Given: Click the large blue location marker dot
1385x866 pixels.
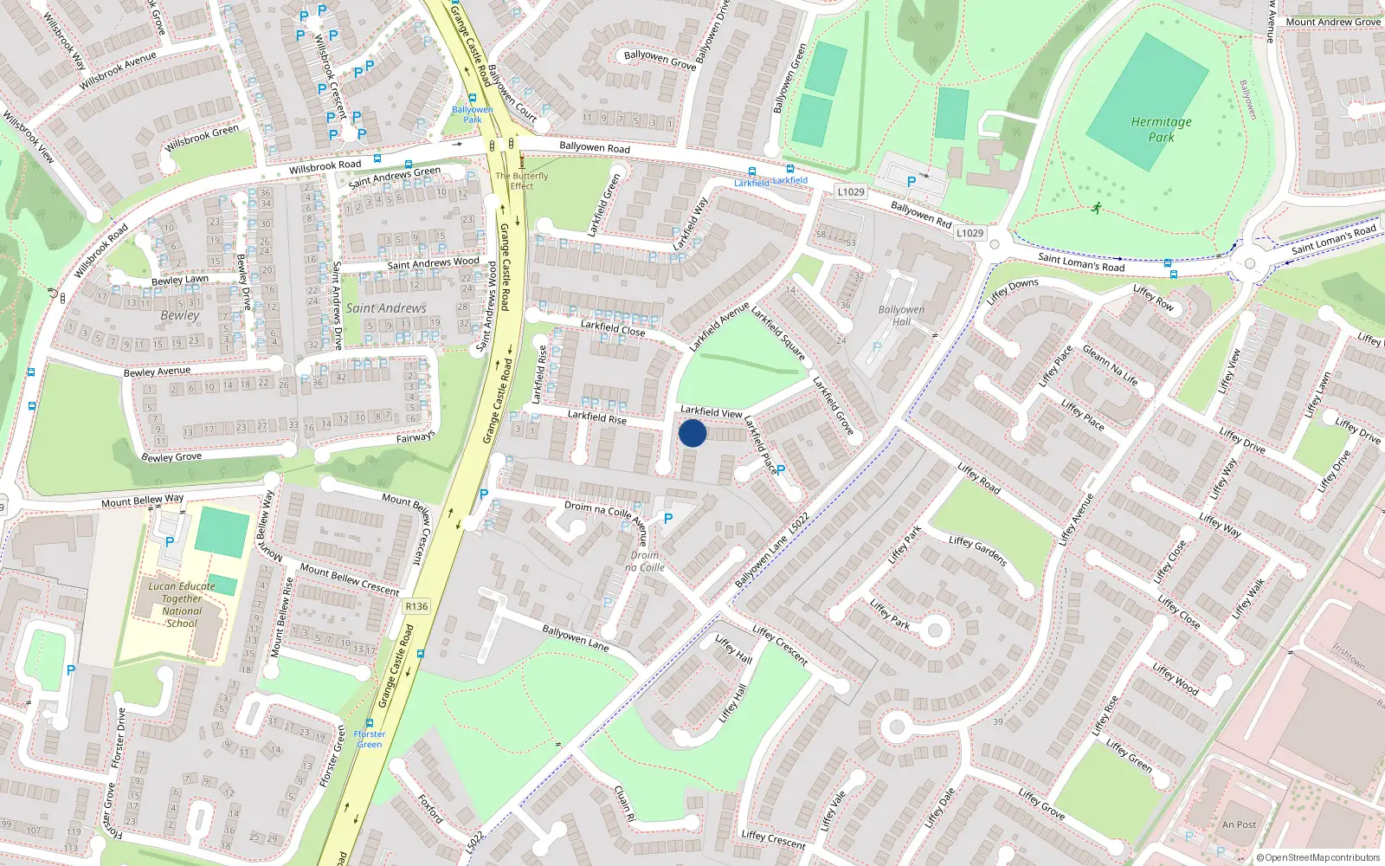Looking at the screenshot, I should (x=692, y=433).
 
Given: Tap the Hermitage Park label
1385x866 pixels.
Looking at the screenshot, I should (x=1161, y=130).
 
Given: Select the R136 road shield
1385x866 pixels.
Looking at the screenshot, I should (x=416, y=606).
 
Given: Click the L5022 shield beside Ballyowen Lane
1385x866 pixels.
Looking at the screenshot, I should (x=798, y=523).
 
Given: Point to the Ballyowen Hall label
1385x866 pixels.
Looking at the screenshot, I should (x=901, y=315).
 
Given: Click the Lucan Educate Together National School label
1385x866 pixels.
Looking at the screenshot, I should (x=182, y=604).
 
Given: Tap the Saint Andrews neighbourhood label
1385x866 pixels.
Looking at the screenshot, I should (x=386, y=308).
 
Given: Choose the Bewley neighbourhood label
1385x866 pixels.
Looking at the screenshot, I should (x=179, y=315).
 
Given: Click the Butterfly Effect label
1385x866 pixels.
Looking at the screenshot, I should (x=522, y=180).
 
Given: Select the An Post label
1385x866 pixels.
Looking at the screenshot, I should (x=1239, y=824).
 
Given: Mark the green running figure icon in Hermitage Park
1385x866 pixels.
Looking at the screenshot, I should (x=1097, y=208).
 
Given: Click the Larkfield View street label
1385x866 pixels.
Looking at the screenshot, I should (x=711, y=411).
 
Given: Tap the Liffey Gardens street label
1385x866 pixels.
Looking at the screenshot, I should (x=977, y=551).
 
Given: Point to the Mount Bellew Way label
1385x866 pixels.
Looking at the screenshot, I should (x=142, y=501).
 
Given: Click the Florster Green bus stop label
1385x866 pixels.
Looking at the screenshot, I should (x=370, y=739).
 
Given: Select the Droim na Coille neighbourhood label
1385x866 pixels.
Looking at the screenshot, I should (x=645, y=561).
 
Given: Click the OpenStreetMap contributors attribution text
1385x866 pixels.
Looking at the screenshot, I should (x=1318, y=857).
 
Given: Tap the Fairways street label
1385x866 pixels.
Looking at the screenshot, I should (x=415, y=438).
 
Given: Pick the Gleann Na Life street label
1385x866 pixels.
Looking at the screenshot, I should (x=1110, y=365).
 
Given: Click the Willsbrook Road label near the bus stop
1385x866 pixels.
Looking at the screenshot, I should (x=325, y=165).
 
